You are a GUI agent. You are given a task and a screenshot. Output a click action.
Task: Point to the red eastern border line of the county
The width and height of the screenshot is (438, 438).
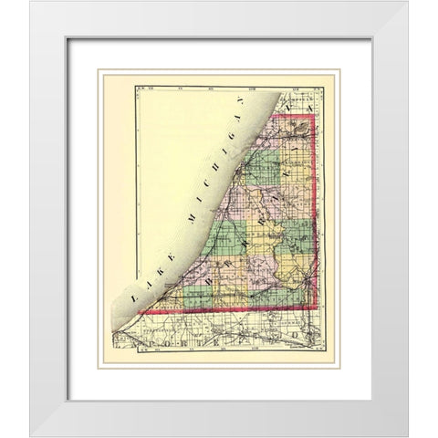(315, 219)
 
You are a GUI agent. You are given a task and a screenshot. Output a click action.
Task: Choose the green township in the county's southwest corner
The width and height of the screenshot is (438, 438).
(196, 297)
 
